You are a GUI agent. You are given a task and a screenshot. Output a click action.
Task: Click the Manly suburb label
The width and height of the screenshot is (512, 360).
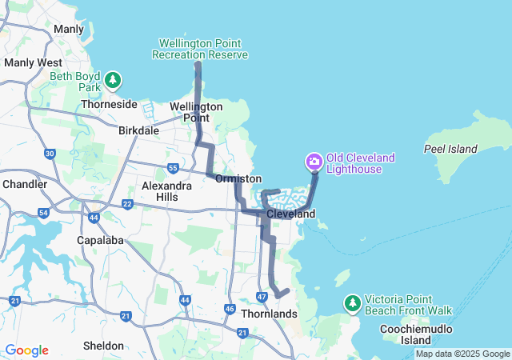coord(68,29)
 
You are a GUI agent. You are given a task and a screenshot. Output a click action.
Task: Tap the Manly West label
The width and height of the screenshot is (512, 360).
coord(33,62)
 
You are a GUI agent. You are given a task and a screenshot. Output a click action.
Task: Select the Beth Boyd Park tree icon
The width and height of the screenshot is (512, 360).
coord(114,80)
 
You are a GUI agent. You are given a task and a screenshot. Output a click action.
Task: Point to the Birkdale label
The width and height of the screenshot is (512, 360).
coord(139,130)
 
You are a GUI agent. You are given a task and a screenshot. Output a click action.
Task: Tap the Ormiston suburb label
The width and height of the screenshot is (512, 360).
coord(238,178)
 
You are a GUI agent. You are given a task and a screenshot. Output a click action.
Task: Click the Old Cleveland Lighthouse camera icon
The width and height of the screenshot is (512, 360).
coord(314,162)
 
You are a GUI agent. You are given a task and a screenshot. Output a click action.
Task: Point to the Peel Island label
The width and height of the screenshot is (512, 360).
coord(451,149)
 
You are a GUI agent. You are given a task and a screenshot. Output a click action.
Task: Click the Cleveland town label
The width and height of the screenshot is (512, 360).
coord(290,214)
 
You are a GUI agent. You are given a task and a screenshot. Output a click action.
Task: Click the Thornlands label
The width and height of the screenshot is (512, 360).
coord(268,314)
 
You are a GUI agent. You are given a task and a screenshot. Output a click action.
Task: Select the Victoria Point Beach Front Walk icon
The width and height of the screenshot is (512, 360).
coord(352,304)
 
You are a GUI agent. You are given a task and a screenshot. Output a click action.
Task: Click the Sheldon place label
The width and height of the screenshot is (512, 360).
coord(103,346)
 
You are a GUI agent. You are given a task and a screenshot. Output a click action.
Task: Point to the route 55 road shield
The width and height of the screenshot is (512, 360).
coord(174,167)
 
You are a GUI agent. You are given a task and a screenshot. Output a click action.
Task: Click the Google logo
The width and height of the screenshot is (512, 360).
coord(26,350)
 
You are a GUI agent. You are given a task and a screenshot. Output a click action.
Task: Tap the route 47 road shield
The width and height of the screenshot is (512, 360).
coord(262,298)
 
